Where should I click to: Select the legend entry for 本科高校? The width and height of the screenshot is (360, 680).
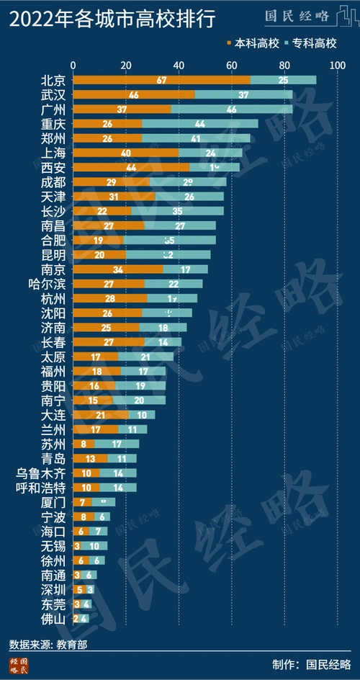pyautogui.click(x=251, y=43)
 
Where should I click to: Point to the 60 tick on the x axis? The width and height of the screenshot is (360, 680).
pyautogui.click(x=232, y=66)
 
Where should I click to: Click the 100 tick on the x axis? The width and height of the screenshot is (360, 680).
pyautogui.click(x=336, y=66)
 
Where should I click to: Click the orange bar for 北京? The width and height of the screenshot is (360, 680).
pyautogui.click(x=162, y=80)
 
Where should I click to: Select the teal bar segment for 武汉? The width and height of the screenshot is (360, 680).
pyautogui.click(x=243, y=95)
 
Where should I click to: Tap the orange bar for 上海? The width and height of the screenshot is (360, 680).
pyautogui.click(x=126, y=153)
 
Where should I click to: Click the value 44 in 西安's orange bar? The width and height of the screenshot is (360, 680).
pyautogui.click(x=131, y=168)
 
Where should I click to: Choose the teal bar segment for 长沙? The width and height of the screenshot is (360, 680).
pyautogui.click(x=177, y=211)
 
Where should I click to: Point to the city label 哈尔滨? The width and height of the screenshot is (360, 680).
pyautogui.click(x=48, y=284)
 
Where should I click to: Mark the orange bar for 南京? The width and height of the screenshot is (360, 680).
pyautogui.click(x=118, y=269)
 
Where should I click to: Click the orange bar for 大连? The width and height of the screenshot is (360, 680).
pyautogui.click(x=101, y=415)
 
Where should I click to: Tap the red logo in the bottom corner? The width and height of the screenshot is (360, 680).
pyautogui.click(x=19, y=666)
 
